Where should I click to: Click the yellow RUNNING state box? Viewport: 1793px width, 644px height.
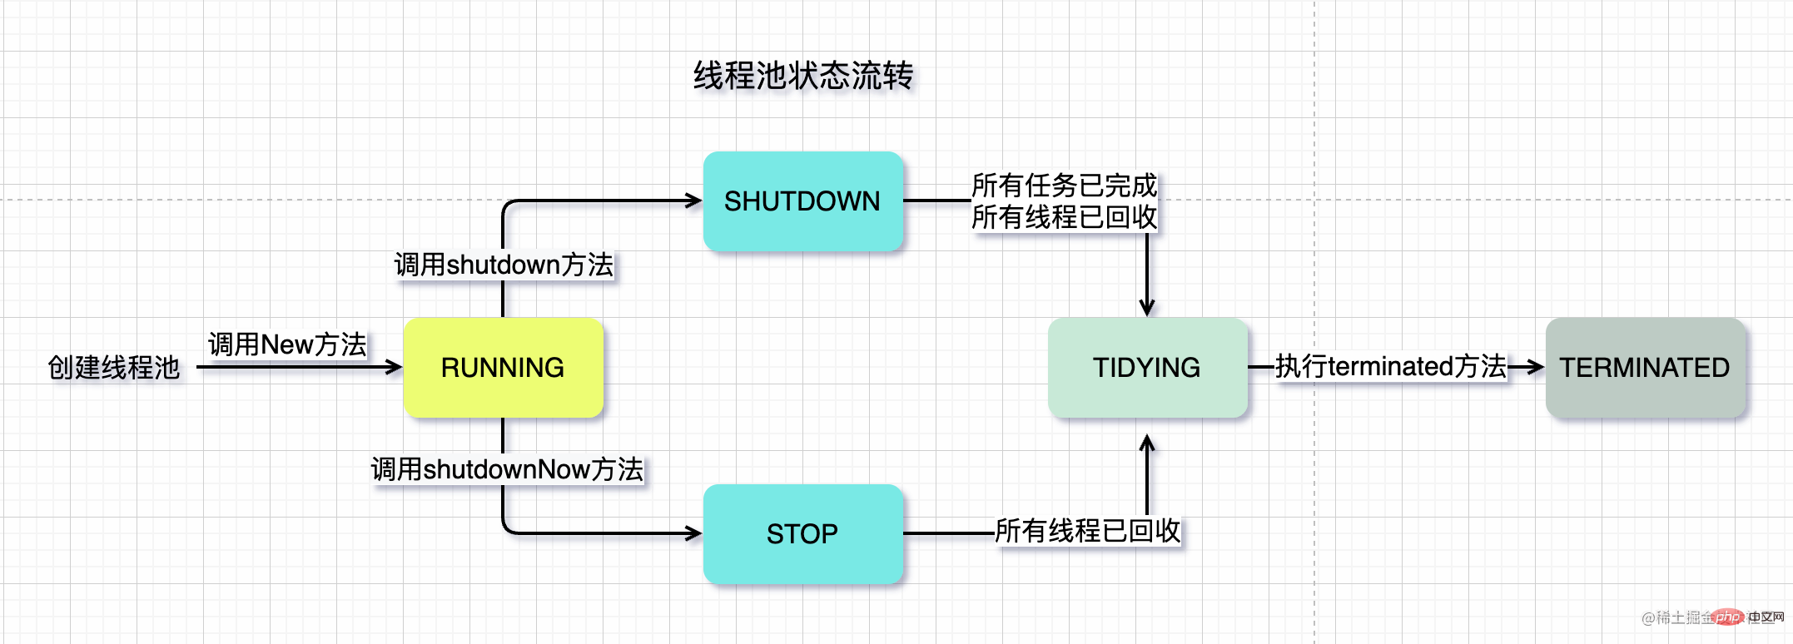coord(503,367)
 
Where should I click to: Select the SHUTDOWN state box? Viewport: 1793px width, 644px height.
coord(802,201)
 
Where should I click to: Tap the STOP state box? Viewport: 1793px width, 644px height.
coord(802,533)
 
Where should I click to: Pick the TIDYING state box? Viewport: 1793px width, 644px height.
coord(1147,367)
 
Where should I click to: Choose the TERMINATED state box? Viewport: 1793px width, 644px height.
coord(1645,367)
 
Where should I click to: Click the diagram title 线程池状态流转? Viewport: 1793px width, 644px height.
coord(803,76)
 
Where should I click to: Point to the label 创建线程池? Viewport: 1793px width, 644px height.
coord(114,367)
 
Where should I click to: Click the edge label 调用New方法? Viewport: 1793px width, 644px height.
coord(287,344)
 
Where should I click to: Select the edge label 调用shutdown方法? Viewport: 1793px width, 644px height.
coord(504,265)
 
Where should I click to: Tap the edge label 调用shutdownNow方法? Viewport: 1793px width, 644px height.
coord(507,469)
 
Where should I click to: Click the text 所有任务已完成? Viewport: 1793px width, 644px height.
coord(1064,185)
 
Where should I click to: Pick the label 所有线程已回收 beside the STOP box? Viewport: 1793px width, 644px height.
coord(1087,530)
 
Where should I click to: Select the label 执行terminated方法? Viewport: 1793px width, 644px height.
coord(1390,366)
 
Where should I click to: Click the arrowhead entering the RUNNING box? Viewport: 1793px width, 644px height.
coord(395,367)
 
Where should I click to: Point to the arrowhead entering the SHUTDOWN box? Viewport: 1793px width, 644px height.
coord(694,201)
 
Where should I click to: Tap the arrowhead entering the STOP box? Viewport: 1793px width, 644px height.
coord(694,533)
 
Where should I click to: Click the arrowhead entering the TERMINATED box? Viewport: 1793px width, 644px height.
coord(1537,367)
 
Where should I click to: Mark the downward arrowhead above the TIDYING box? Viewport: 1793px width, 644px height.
coord(1147,308)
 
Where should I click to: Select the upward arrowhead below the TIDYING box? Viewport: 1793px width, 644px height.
coord(1147,443)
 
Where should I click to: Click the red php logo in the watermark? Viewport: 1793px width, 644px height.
coord(1727,617)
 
